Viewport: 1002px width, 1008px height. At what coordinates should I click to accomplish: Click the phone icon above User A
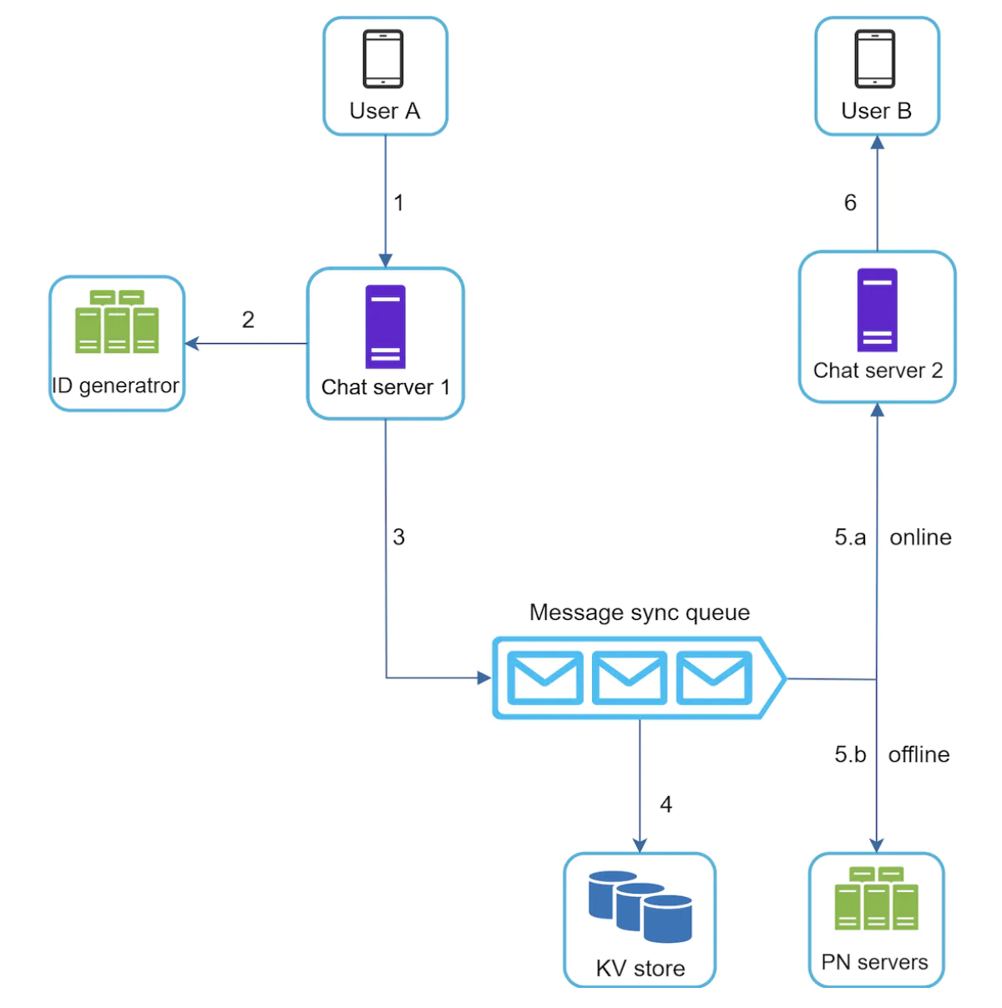[x=383, y=58]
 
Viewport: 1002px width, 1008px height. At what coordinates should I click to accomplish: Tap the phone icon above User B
[x=875, y=58]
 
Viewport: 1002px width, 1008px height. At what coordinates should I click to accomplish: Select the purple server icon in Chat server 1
[x=385, y=326]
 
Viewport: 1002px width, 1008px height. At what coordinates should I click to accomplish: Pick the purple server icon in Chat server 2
[x=877, y=310]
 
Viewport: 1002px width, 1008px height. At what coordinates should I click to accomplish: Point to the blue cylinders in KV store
[x=640, y=906]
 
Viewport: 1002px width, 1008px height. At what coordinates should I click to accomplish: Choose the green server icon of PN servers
[x=876, y=899]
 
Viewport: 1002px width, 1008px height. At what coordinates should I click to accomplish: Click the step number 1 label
[x=399, y=203]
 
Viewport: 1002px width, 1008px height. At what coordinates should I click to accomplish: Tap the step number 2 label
[x=248, y=320]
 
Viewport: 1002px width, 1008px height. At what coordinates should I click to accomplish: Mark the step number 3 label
[x=399, y=537]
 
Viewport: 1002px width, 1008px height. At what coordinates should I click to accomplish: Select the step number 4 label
[x=665, y=804]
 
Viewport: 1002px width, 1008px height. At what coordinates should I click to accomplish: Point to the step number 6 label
[x=850, y=203]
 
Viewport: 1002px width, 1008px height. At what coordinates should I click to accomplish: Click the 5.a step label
[x=850, y=537]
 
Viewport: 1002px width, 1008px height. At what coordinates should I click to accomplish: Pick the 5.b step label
[x=850, y=754]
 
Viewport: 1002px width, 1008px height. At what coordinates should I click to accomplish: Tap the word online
[x=920, y=537]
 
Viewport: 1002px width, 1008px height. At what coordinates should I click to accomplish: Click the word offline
[x=918, y=754]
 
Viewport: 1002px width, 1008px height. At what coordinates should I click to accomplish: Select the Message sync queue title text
[x=640, y=612]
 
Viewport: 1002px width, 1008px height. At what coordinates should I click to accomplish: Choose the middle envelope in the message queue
[x=630, y=678]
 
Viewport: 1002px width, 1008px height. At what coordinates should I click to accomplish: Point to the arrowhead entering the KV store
[x=640, y=845]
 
